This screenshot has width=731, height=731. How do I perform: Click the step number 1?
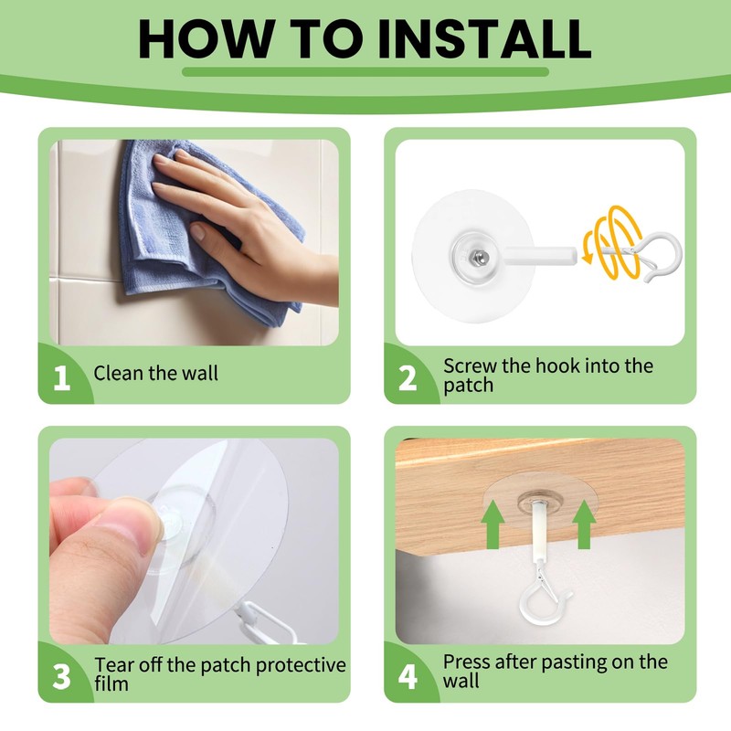(x=61, y=378)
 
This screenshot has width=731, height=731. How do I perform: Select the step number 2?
(x=408, y=378)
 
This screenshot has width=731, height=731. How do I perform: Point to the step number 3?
(x=61, y=677)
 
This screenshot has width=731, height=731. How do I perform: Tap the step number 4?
(x=408, y=677)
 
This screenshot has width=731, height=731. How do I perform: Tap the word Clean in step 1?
(x=119, y=373)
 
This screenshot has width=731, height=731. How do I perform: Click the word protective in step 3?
(x=301, y=666)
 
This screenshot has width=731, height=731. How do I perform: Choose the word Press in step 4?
(x=467, y=662)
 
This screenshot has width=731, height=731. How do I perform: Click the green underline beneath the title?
(x=365, y=72)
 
